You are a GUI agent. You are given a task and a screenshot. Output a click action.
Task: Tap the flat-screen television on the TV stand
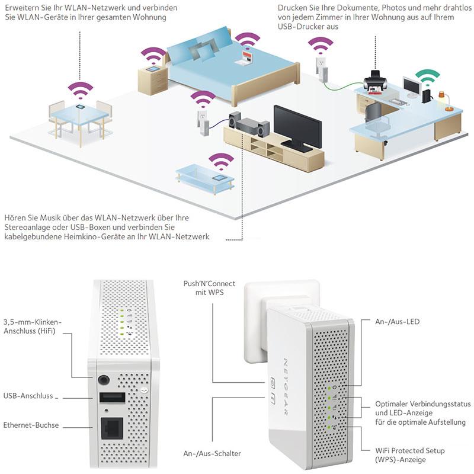[297, 126]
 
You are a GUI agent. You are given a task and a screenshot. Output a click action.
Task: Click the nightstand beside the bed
[152, 80]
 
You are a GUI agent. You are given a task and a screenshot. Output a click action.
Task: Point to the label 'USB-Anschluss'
[30, 395]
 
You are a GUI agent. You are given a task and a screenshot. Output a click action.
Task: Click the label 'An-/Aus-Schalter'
[212, 454]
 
